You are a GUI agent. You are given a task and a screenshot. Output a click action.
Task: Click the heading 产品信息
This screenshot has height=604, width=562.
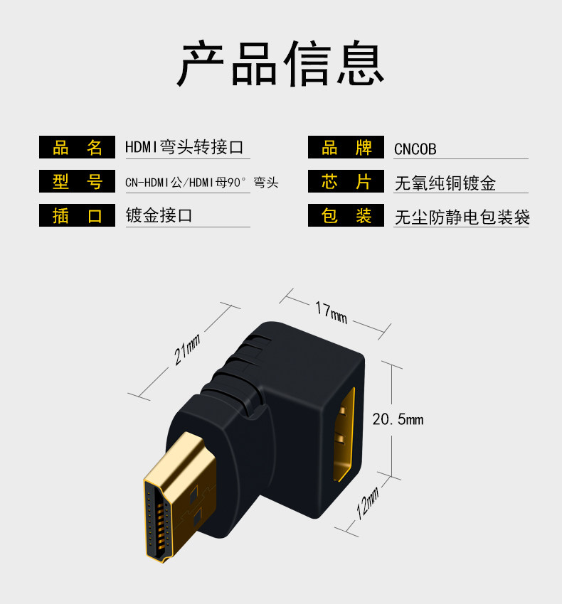281,65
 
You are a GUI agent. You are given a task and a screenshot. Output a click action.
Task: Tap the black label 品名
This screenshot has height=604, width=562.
77,148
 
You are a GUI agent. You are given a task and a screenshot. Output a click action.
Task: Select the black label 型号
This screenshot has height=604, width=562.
77,182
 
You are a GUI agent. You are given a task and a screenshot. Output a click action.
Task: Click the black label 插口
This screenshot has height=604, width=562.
77,215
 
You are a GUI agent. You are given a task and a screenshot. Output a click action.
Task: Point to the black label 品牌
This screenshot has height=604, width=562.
346,148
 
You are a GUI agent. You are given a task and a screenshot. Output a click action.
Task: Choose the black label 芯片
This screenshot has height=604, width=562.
346,182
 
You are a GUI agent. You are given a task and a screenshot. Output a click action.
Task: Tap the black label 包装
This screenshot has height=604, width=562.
346,215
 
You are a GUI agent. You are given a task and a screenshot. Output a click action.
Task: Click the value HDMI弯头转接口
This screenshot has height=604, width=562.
184,148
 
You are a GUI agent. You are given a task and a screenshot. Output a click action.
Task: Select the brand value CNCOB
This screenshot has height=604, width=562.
415,149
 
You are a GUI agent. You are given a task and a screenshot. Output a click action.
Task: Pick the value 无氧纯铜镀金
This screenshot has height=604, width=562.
445,183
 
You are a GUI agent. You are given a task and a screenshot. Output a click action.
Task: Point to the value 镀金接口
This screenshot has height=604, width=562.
159,215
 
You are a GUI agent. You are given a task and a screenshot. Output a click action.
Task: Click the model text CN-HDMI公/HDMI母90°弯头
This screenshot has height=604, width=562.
201,183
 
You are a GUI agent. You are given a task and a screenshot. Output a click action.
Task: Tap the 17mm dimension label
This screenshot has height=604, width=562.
331,311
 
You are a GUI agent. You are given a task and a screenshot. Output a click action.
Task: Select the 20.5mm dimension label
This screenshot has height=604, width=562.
398,419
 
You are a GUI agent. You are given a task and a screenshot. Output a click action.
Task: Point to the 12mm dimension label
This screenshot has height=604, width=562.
368,502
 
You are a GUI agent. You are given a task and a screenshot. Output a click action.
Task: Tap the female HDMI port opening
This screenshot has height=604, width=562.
345,434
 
